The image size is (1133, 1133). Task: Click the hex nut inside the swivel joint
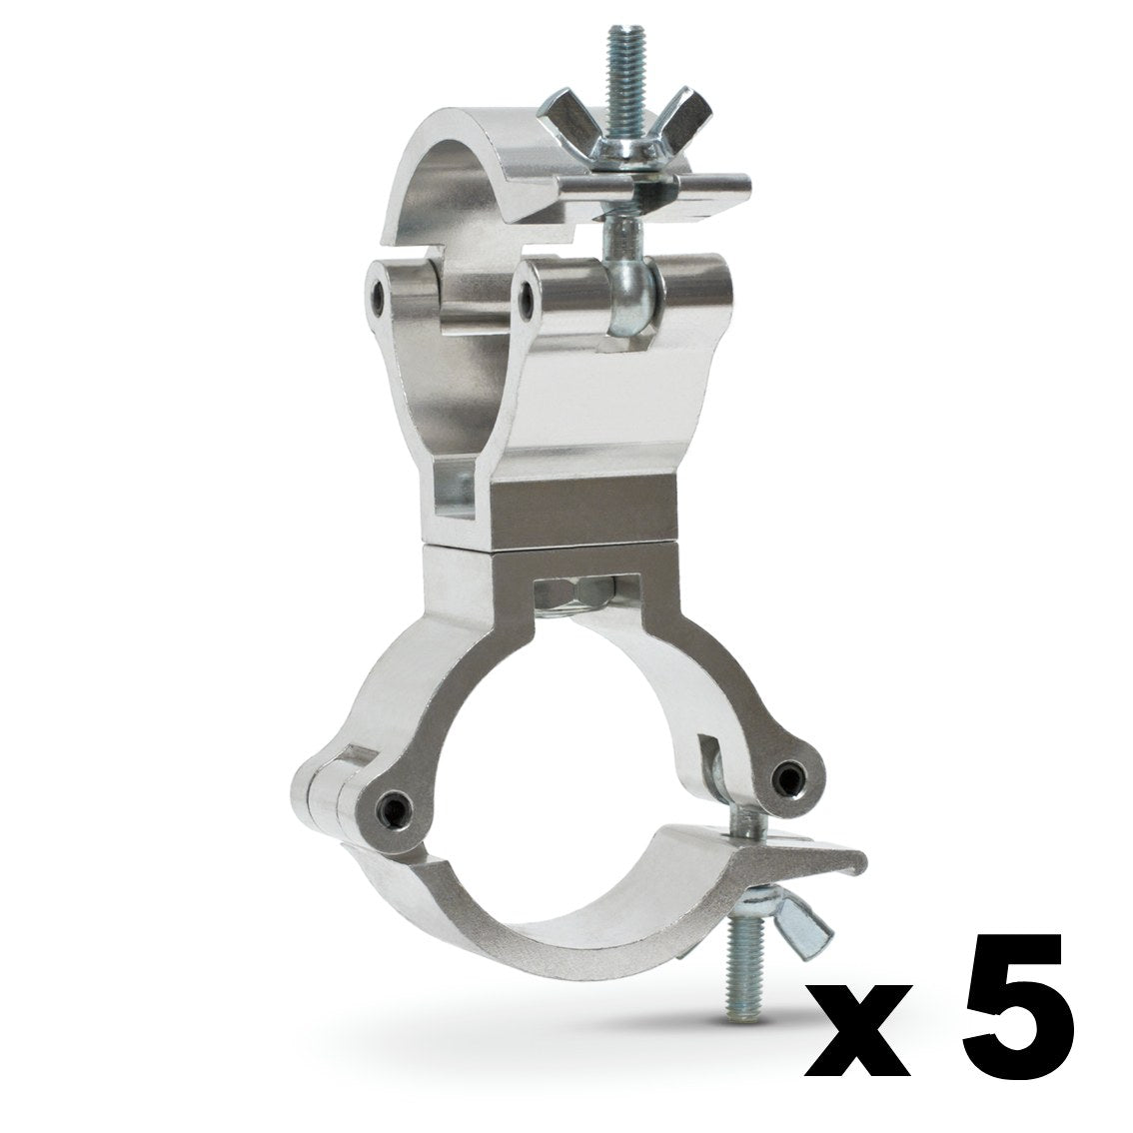(577, 596)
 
